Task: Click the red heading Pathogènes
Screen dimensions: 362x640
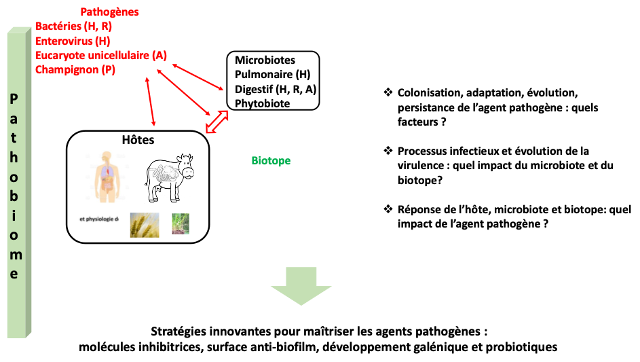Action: click(109, 12)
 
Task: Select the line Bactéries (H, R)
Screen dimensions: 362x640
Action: click(74, 26)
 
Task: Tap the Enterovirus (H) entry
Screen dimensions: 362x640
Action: click(73, 41)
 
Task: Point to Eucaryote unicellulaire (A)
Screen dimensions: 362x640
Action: click(101, 55)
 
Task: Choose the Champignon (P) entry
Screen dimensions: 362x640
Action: click(75, 69)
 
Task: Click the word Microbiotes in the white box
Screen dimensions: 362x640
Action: click(265, 60)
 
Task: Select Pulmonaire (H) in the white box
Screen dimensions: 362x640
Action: click(272, 75)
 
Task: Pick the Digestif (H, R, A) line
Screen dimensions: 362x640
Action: click(276, 89)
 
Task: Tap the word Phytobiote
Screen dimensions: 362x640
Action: click(262, 103)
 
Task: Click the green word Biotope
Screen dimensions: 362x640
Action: click(271, 161)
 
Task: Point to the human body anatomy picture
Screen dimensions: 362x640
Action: click(107, 177)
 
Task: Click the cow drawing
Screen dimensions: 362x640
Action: click(170, 179)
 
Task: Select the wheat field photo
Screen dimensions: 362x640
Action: click(145, 225)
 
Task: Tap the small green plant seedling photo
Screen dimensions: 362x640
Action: click(181, 224)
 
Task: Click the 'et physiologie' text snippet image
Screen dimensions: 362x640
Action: click(98, 222)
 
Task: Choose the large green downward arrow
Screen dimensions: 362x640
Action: click(301, 285)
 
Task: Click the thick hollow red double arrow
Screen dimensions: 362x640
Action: click(218, 122)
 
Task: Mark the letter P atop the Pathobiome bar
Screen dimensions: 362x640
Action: click(15, 100)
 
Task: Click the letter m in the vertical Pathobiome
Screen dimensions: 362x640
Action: click(15, 255)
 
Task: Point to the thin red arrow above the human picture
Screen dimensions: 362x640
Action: click(151, 101)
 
